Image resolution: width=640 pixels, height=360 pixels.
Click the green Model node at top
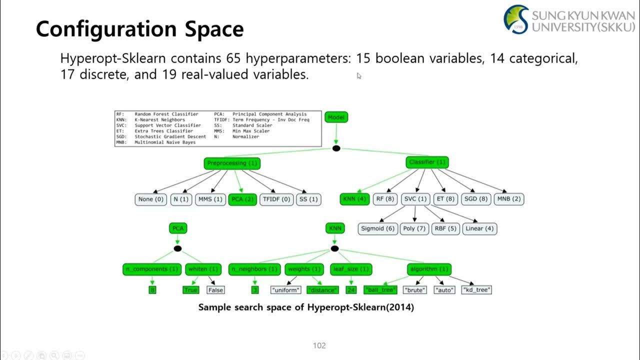pyautogui.click(x=336, y=117)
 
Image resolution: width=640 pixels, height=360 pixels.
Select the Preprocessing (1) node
pyautogui.click(x=232, y=163)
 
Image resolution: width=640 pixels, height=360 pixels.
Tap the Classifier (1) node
pyautogui.click(x=427, y=162)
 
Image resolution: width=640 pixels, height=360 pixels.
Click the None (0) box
pyautogui.click(x=150, y=199)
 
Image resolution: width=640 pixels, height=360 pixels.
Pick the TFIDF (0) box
pyautogui.click(x=275, y=199)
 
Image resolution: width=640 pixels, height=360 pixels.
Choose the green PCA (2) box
pyautogui.click(x=242, y=199)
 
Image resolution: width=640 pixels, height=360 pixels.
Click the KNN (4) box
pyautogui.click(x=354, y=199)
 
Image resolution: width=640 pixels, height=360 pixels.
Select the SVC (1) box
pyautogui.click(x=414, y=199)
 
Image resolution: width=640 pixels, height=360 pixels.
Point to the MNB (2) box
pyautogui.click(x=509, y=199)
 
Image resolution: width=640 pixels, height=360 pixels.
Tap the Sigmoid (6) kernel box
pyautogui.click(x=378, y=228)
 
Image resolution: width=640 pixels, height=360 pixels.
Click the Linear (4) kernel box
pyautogui.click(x=479, y=228)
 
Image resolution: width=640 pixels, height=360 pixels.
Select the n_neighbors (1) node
pyautogui.click(x=254, y=269)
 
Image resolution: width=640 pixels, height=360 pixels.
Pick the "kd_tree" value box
pyautogui.click(x=476, y=290)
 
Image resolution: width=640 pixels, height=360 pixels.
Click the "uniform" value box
pyautogui.click(x=286, y=290)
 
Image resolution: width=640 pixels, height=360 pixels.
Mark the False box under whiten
pyautogui.click(x=215, y=290)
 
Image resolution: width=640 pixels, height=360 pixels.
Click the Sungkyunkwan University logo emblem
pyautogui.click(x=516, y=19)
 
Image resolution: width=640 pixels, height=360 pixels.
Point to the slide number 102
pyautogui.click(x=319, y=345)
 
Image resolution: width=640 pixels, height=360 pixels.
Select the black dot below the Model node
pyautogui.click(x=336, y=148)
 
